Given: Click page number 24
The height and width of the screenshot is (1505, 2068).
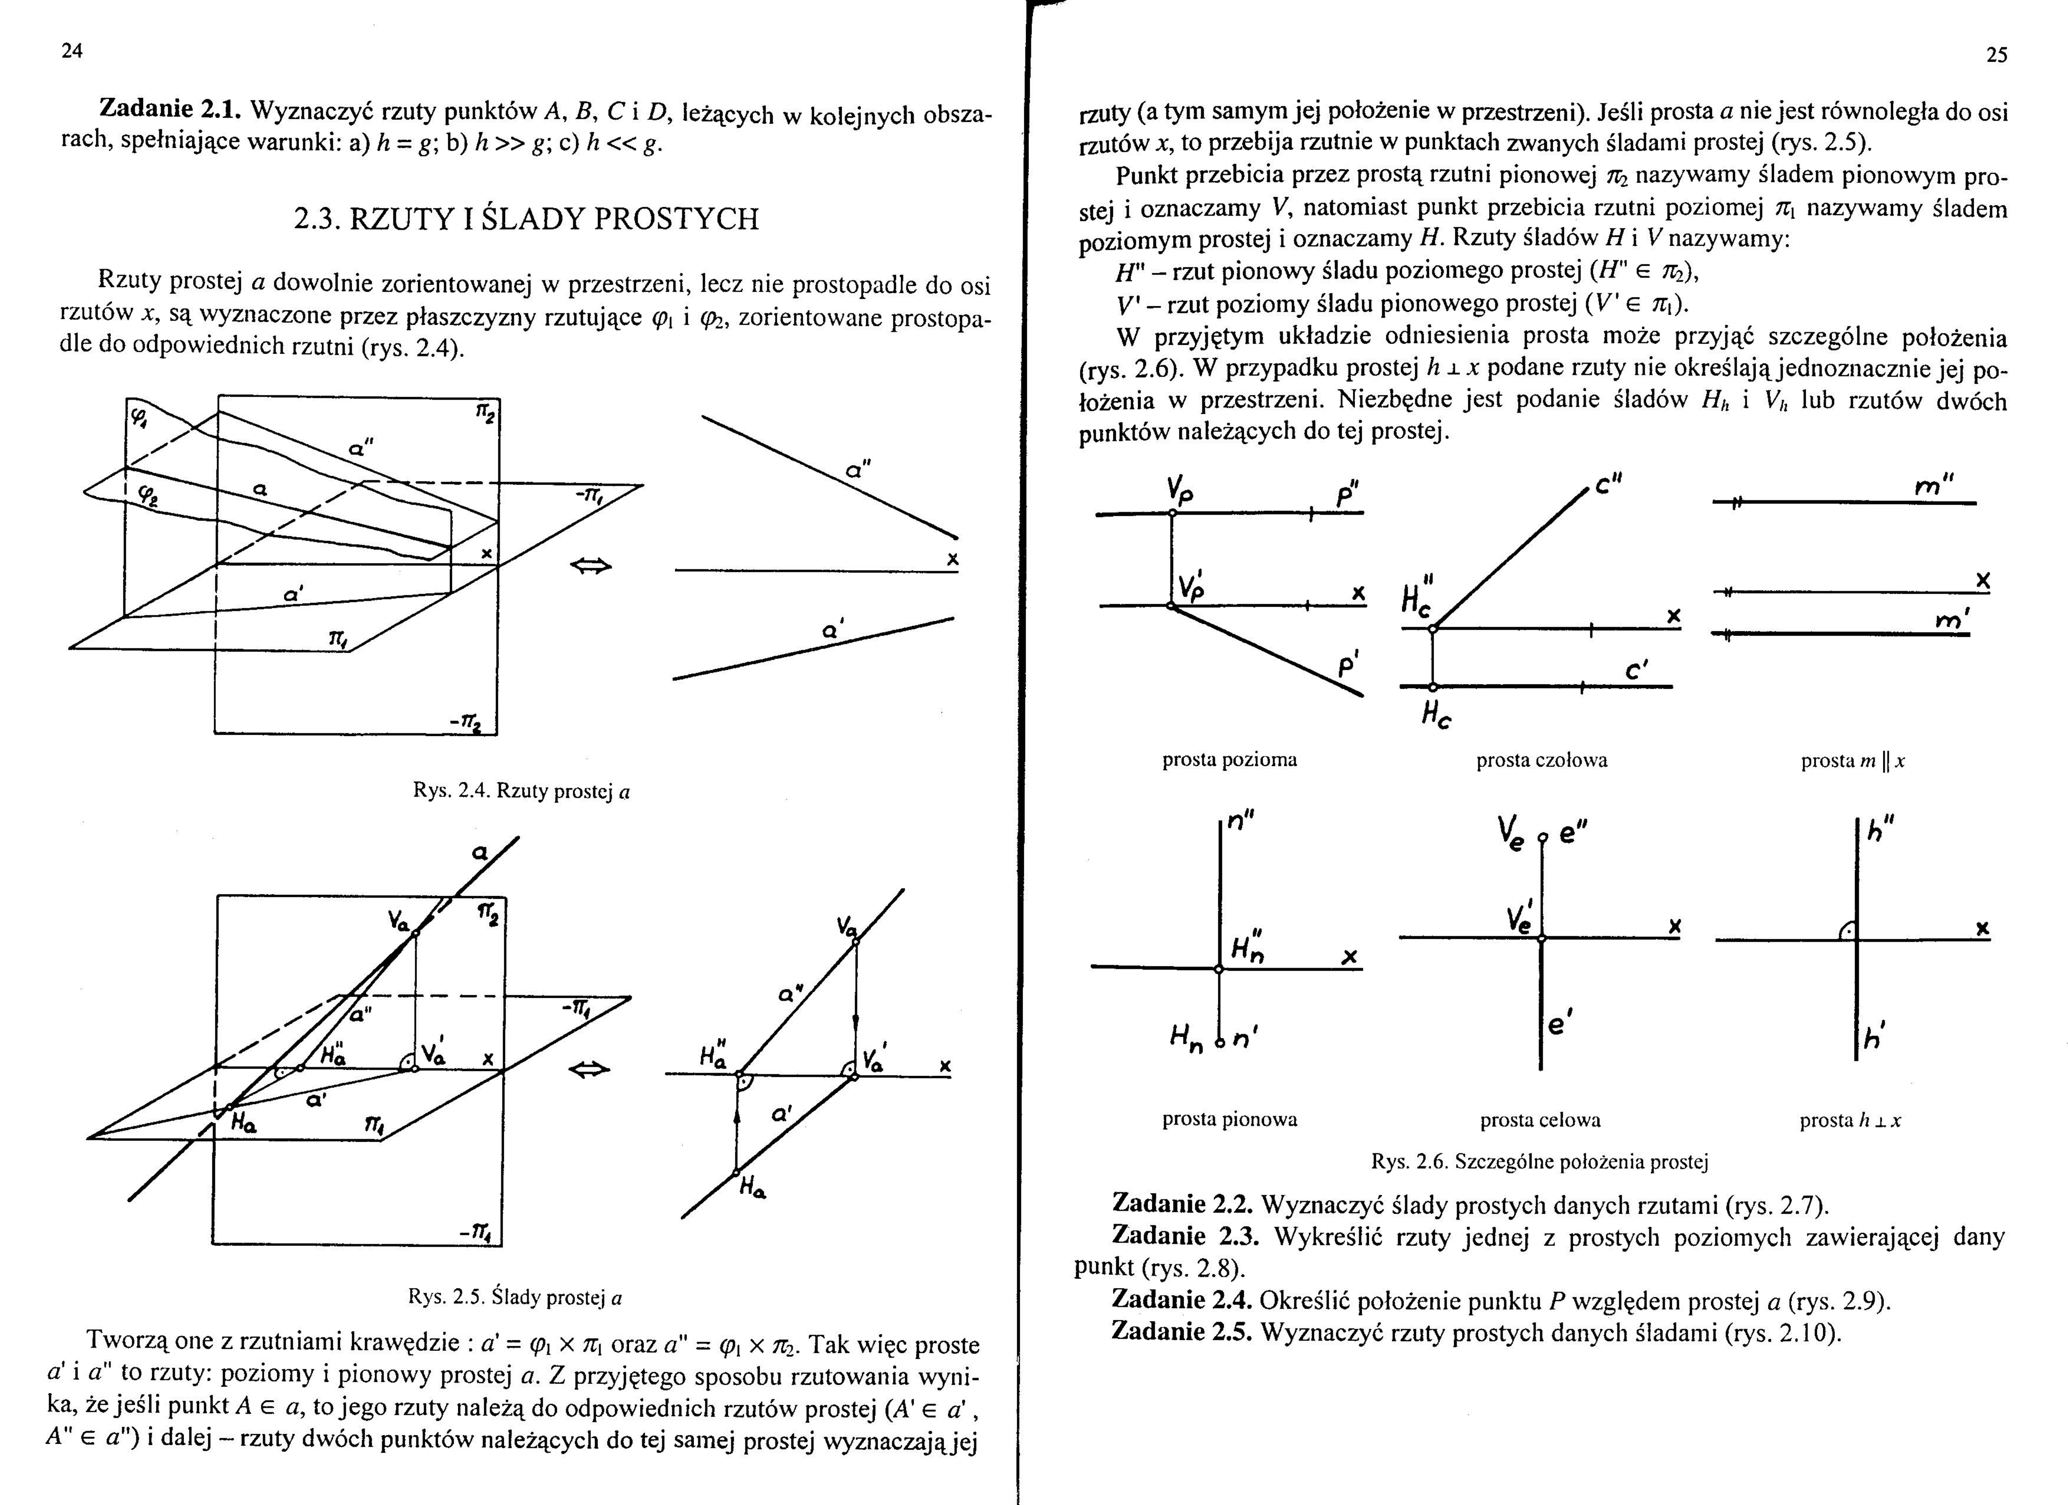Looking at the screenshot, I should (x=72, y=51).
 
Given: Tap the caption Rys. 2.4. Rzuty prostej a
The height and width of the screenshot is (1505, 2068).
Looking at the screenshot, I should (x=522, y=791).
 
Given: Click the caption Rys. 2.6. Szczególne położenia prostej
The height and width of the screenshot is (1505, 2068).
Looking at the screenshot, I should (x=1539, y=1161).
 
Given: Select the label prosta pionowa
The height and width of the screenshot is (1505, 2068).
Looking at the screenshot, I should (x=1229, y=1119).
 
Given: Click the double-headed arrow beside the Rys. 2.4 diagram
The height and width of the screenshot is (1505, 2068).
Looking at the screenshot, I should (x=591, y=567).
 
